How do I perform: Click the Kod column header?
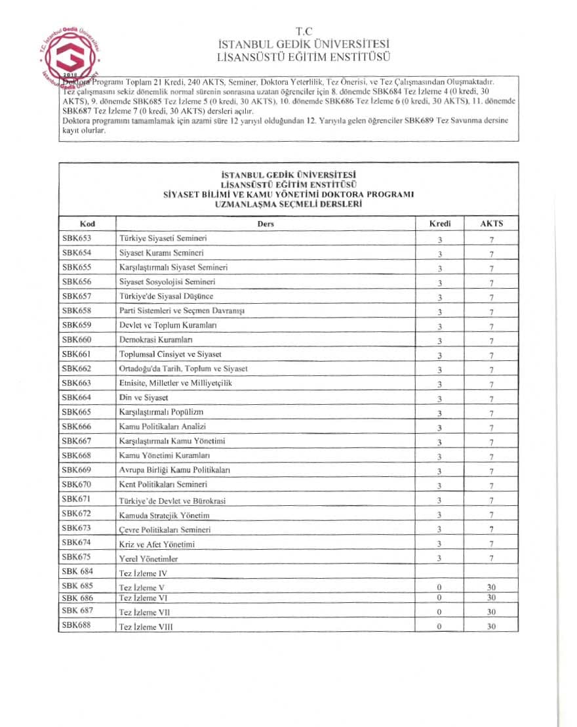tap(87, 224)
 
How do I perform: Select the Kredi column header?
tap(439, 224)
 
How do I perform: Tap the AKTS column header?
tap(491, 224)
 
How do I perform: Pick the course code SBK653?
tap(77, 238)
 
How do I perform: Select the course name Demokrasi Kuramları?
tap(155, 340)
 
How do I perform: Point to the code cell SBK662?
tap(77, 369)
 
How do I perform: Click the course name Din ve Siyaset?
tap(144, 398)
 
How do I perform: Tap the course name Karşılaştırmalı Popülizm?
tap(161, 412)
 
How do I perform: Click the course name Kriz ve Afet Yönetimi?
tap(157, 544)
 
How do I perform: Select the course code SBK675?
tap(77, 557)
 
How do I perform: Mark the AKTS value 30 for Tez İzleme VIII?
tap(491, 627)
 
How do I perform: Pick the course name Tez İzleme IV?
tap(142, 573)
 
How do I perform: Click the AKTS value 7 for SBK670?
tap(491, 486)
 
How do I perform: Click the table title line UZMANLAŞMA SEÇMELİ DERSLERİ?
tap(288, 204)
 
